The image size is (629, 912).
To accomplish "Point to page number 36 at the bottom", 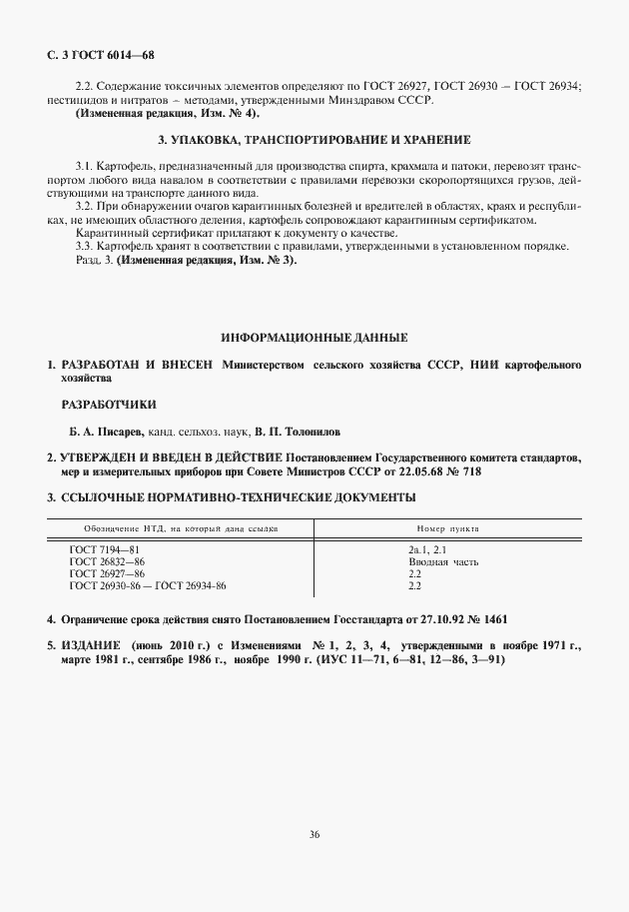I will pos(314,835).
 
